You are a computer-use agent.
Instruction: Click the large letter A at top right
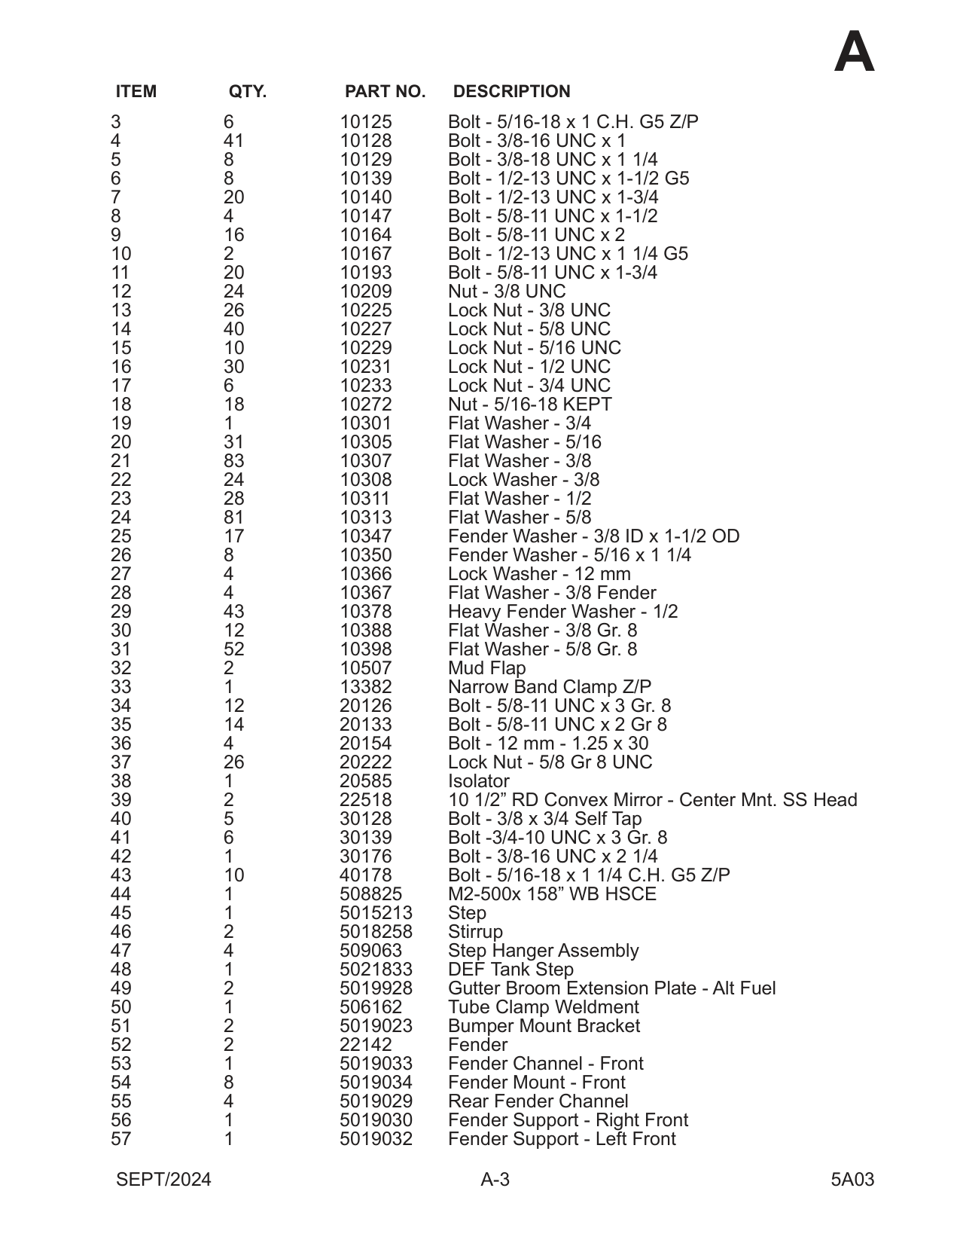(x=854, y=53)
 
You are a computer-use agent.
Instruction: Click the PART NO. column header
(x=385, y=92)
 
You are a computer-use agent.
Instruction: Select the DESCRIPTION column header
(x=511, y=92)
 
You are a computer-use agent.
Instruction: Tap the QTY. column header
(x=247, y=92)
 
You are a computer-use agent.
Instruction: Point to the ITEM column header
(x=136, y=92)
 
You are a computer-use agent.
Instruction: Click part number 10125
(x=366, y=122)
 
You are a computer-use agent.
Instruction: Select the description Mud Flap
(x=486, y=668)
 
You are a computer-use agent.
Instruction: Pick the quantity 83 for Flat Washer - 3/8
(x=233, y=461)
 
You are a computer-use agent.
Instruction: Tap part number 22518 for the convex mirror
(x=366, y=800)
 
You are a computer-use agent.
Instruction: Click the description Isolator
(x=478, y=781)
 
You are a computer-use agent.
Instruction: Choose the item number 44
(x=120, y=894)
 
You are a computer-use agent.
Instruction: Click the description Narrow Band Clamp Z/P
(x=550, y=687)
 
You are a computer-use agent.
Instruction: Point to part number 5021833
(x=376, y=970)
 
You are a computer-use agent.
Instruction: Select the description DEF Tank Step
(x=510, y=970)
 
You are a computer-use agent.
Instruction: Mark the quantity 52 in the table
(x=233, y=649)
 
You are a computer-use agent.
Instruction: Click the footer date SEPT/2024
(x=163, y=1180)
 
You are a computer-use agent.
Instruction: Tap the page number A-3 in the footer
(x=495, y=1180)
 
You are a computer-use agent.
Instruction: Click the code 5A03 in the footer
(x=852, y=1180)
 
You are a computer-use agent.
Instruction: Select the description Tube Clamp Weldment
(x=543, y=1007)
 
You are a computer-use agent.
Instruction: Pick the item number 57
(x=120, y=1139)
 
